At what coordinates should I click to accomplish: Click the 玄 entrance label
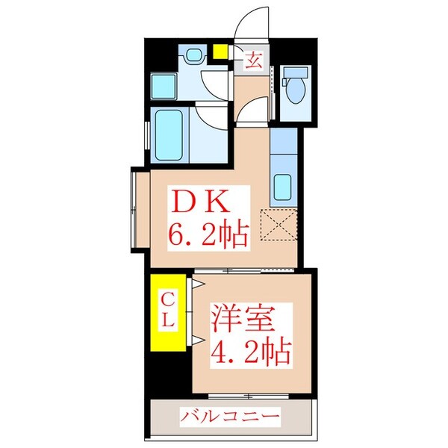click(x=254, y=60)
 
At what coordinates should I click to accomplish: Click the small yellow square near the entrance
click(x=220, y=52)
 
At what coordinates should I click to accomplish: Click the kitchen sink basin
click(x=284, y=185)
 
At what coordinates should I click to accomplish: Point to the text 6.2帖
click(x=201, y=237)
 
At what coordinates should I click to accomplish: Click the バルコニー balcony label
click(x=228, y=415)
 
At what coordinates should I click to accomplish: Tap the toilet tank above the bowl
click(x=296, y=72)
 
